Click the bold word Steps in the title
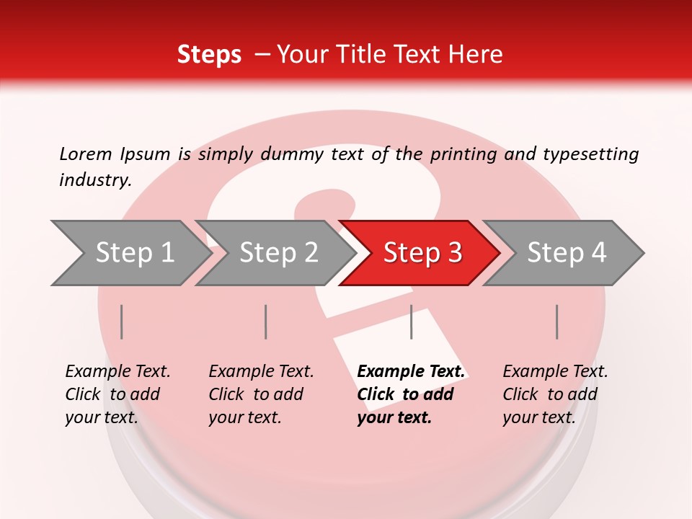point(209,55)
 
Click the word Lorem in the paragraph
point(86,154)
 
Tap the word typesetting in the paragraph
point(590,154)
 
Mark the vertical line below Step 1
point(122,321)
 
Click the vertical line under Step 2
point(266,321)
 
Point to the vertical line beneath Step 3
point(411,321)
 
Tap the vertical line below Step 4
point(556,321)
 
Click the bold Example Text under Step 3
point(411,371)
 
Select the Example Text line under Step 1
point(117,371)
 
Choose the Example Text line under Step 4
point(555,371)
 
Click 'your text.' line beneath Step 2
point(244,417)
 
